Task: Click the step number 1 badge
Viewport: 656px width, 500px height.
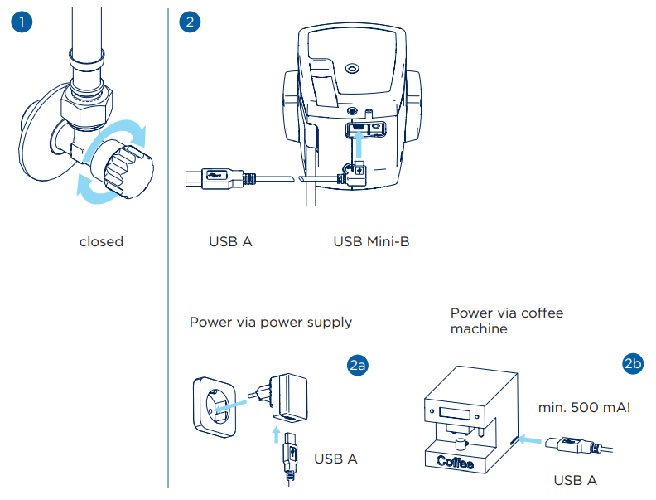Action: coord(22,22)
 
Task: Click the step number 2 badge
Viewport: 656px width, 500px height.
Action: coord(190,22)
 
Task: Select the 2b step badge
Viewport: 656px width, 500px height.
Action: coord(632,365)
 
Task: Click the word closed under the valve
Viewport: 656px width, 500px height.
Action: coord(101,242)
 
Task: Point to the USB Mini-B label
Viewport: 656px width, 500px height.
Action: coord(371,242)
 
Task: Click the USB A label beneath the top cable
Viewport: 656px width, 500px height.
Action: coord(230,242)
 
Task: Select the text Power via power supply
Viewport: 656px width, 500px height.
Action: coord(271,322)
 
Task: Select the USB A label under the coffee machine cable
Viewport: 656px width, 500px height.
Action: coord(575,480)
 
